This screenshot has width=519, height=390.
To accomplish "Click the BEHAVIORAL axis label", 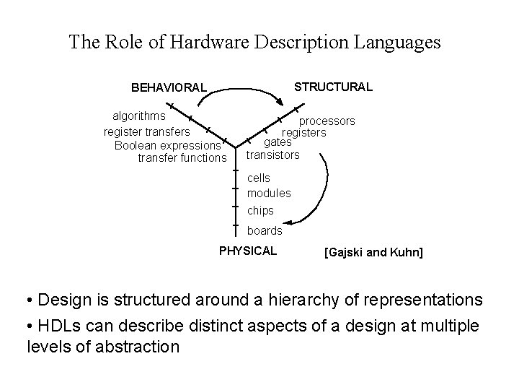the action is tap(169, 88).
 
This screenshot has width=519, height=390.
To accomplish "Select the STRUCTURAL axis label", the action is tap(334, 87).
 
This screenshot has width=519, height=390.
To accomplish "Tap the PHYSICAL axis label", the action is tap(247, 251).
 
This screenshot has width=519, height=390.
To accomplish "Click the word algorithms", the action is tap(139, 116).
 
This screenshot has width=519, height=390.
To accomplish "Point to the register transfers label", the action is tap(147, 131).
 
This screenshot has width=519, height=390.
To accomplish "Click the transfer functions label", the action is tap(182, 157).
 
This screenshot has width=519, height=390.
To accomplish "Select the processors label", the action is tap(327, 121).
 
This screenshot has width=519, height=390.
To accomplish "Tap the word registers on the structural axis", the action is tap(304, 132).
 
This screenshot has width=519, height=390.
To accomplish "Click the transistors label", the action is tap(272, 155).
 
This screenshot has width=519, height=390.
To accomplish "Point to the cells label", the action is tap(259, 177).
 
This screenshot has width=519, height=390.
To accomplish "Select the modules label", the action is tap(269, 193).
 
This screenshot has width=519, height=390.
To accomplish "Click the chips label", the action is tap(260, 211).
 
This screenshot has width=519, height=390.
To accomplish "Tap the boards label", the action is tap(265, 231).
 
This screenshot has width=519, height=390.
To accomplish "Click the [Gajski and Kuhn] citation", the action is tap(374, 253).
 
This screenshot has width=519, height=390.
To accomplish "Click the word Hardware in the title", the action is tap(210, 42).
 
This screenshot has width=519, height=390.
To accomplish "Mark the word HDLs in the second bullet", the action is tap(59, 326).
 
